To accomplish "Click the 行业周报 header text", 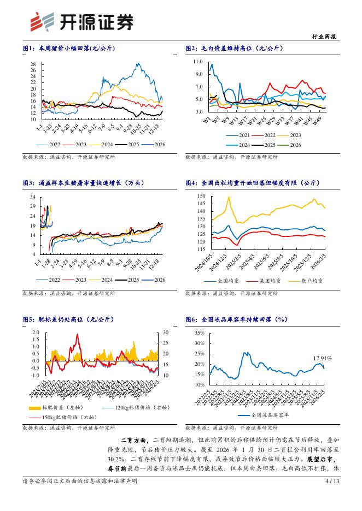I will [324, 37].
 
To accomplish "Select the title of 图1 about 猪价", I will [68, 48].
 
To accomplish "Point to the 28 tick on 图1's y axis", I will [32, 64].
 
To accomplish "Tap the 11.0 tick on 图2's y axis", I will [199, 63].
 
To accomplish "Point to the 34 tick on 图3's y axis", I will [33, 197].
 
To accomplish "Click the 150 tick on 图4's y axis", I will [201, 196].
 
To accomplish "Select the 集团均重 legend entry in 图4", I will [268, 281].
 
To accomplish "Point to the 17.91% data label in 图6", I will [322, 358].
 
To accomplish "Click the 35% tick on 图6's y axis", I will [199, 332].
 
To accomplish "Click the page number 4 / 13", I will [332, 496].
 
